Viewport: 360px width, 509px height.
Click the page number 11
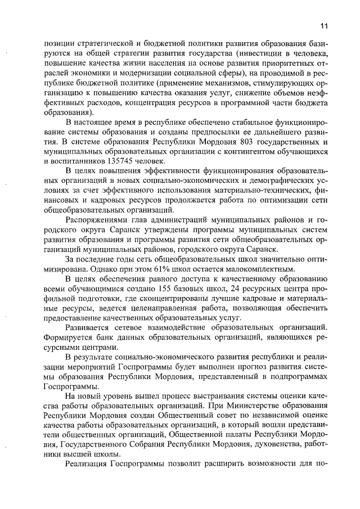click(x=324, y=25)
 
